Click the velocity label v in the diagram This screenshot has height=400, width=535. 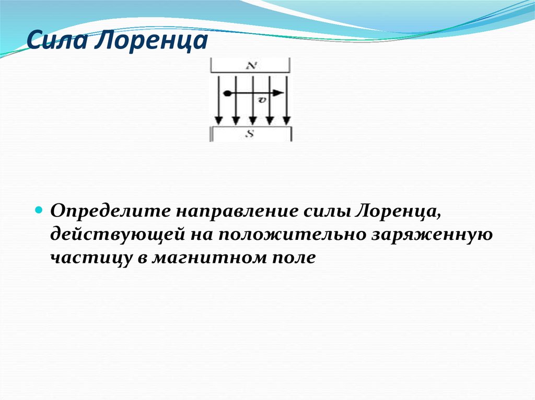(262, 100)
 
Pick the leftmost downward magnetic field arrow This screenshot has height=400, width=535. (219, 99)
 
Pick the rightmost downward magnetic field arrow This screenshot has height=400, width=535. (286, 99)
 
